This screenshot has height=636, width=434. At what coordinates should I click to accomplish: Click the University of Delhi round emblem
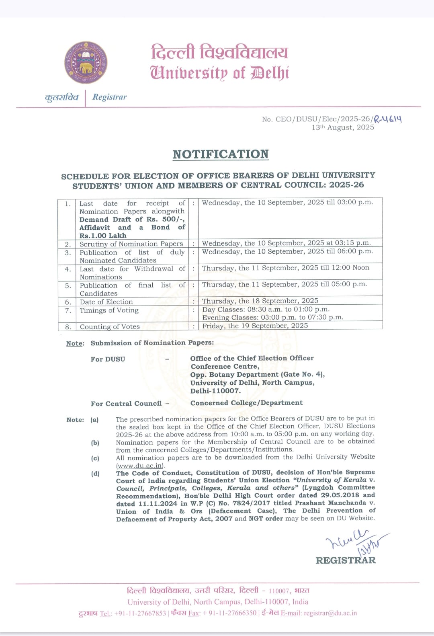click(86, 62)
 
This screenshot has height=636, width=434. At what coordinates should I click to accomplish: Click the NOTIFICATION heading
click(221, 154)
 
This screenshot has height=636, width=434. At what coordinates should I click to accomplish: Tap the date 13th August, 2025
click(343, 127)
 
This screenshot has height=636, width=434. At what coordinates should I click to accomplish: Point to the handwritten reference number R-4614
click(388, 119)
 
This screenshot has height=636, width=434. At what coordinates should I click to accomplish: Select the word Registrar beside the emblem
click(109, 97)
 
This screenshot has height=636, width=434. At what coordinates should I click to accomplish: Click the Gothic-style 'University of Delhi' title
click(219, 73)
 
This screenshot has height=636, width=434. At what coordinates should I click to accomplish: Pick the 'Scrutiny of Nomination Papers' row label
click(131, 244)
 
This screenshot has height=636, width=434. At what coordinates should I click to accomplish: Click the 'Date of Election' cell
click(106, 302)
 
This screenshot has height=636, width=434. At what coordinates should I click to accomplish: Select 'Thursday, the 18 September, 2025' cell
click(260, 301)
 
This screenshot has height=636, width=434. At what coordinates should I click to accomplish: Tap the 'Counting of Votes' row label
click(110, 326)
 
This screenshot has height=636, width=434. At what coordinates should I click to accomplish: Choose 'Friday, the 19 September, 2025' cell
click(255, 326)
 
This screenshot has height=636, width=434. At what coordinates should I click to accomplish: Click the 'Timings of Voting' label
click(109, 310)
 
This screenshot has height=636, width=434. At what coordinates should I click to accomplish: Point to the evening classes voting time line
click(273, 317)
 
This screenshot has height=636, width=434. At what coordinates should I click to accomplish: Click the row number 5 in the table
click(68, 286)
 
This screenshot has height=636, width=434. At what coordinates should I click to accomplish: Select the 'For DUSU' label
click(108, 359)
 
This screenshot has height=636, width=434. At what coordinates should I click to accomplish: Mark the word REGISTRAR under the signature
click(346, 560)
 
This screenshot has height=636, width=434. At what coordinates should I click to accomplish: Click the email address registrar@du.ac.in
click(330, 613)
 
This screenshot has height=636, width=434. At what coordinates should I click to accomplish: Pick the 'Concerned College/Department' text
click(246, 403)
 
